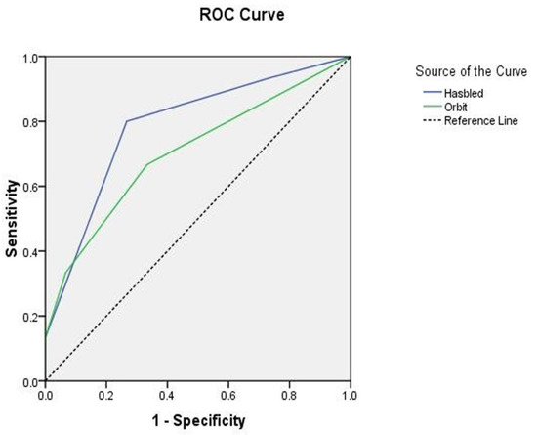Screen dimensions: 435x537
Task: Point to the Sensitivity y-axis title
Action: (x=13, y=217)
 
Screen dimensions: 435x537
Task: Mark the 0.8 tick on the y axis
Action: (x=30, y=122)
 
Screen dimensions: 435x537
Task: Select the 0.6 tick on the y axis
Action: (x=30, y=187)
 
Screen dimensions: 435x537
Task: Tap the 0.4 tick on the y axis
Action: (x=30, y=252)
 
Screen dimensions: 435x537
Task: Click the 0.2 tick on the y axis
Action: (x=30, y=317)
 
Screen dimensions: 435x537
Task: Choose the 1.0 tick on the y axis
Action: (x=30, y=58)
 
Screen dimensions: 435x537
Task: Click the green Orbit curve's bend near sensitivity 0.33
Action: (x=65, y=273)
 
